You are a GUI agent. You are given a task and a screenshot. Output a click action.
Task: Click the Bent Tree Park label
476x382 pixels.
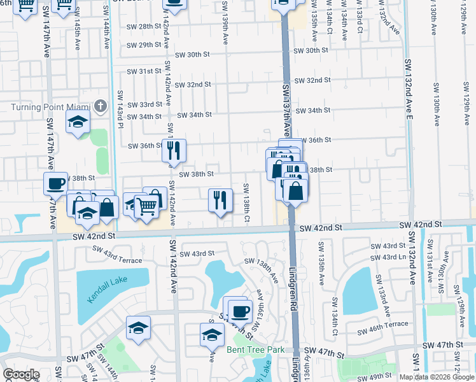[255, 350]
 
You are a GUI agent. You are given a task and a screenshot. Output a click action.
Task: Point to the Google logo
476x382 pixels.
[21, 374]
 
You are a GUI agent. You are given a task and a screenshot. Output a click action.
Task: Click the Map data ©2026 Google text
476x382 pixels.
[437, 377]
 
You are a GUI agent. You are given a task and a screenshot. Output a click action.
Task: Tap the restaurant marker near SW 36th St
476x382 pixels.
[174, 150]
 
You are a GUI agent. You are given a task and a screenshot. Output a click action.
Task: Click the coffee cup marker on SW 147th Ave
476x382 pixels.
[55, 183]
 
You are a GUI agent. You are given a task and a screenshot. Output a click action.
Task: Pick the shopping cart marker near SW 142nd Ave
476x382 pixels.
[146, 205]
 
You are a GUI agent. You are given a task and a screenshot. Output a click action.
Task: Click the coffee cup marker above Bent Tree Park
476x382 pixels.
[240, 311]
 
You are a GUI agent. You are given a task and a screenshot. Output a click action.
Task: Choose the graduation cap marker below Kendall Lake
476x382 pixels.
[138, 328]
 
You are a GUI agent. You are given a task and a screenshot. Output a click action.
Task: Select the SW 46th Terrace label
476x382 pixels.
[382, 324]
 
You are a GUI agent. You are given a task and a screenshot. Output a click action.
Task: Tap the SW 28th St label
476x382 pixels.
[144, 26]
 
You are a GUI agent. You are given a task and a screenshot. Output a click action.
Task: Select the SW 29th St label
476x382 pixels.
[144, 45]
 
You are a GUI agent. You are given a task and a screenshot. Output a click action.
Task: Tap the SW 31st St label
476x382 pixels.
[144, 71]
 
